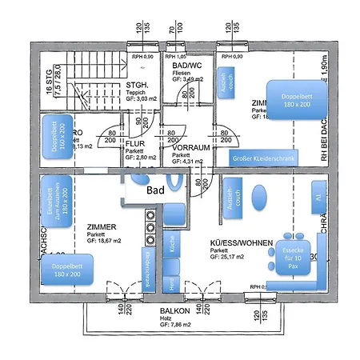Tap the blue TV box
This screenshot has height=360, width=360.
tap(318, 197)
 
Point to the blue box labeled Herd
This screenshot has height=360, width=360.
tap(171, 282)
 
